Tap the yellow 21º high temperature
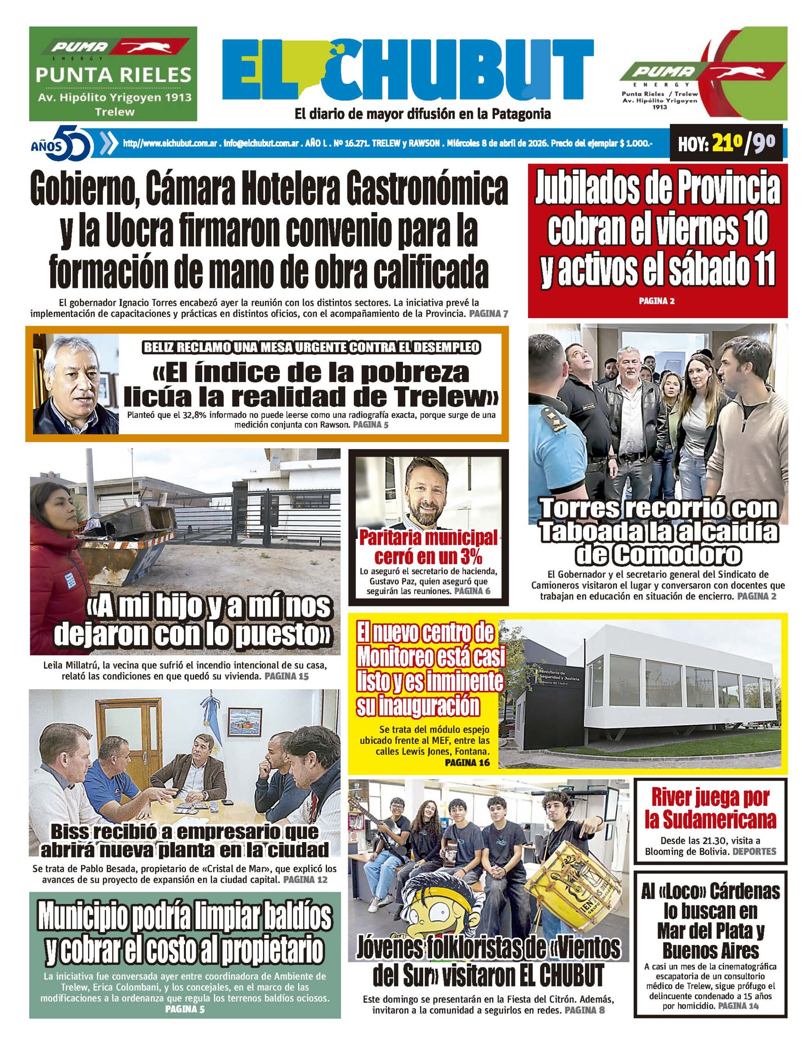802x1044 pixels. [724, 143]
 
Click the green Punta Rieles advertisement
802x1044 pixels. [113, 73]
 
